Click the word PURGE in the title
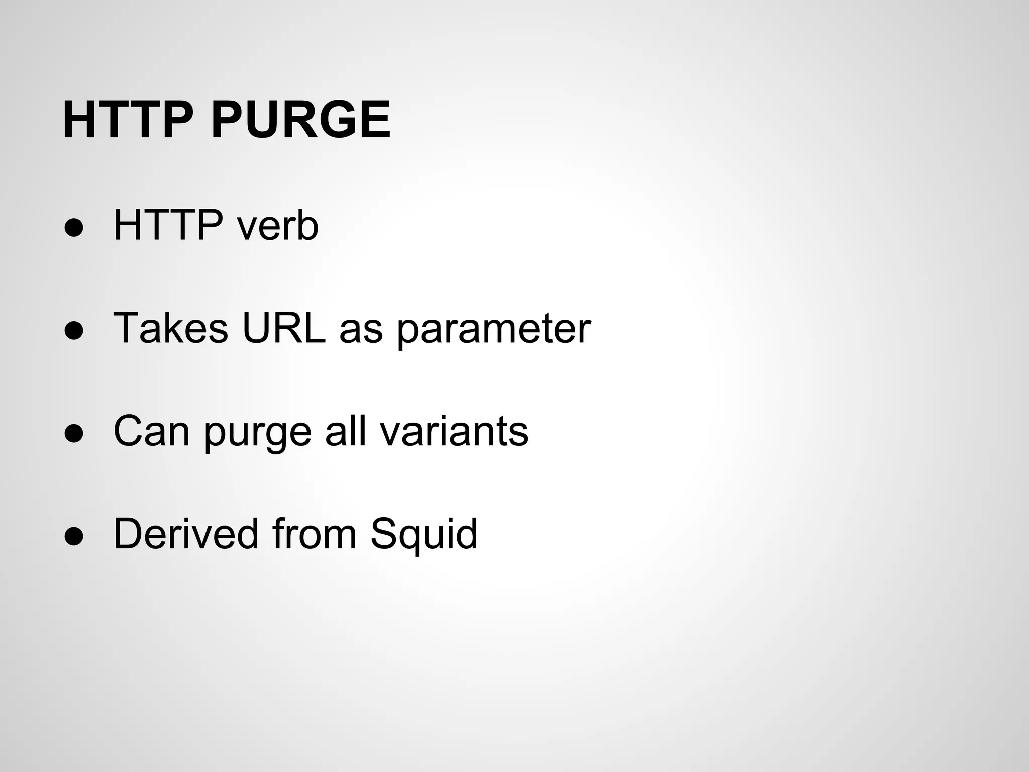[x=300, y=120]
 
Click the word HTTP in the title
[x=128, y=120]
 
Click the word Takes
[x=171, y=329]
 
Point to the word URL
[x=283, y=329]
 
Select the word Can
[x=152, y=431]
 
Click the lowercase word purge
[x=258, y=433]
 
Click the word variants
[x=454, y=431]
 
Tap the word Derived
[x=185, y=534]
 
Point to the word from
[x=314, y=534]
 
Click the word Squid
[x=424, y=535]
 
